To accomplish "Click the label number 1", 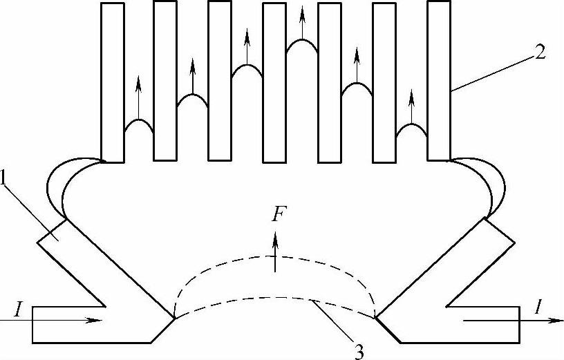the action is point(5,178).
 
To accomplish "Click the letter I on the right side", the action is point(538,308).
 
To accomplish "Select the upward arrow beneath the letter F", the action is point(276,252).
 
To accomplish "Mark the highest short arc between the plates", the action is point(302,43).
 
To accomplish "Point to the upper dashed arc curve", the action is point(276,257).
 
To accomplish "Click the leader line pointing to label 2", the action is point(493,70).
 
